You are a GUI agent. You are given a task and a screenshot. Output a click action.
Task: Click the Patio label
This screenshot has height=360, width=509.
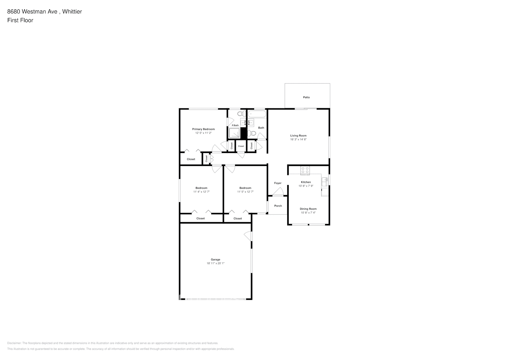(x=306, y=97)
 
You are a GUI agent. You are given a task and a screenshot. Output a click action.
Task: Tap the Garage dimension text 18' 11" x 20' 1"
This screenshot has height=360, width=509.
(x=215, y=264)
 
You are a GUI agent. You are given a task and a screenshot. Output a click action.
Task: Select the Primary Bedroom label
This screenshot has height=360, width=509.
(x=203, y=129)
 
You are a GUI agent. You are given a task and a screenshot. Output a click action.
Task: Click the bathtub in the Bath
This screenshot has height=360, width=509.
(x=257, y=114)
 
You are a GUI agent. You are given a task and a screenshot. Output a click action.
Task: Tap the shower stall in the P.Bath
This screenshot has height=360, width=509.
(x=235, y=133)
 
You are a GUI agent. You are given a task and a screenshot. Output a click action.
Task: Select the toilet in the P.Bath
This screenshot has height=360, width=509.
(x=240, y=114)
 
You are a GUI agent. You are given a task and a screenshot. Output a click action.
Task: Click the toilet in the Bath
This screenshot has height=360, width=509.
(x=253, y=133)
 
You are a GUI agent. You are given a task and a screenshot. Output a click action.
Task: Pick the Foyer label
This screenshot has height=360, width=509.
(x=278, y=183)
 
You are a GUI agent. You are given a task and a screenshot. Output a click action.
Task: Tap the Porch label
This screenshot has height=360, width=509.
(x=278, y=206)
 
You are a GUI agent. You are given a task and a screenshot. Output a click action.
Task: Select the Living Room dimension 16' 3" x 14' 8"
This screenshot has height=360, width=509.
(x=298, y=139)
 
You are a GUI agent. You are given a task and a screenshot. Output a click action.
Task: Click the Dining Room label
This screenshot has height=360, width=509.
(x=308, y=209)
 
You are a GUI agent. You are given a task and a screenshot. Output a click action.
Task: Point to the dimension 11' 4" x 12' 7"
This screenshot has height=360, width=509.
(x=201, y=192)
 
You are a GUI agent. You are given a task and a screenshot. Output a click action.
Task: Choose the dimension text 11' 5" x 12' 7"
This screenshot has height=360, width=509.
(x=245, y=192)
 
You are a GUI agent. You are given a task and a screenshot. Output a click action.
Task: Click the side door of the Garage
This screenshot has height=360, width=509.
(x=249, y=236)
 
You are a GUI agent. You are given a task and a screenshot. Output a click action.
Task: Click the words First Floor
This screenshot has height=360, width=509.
(x=20, y=20)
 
